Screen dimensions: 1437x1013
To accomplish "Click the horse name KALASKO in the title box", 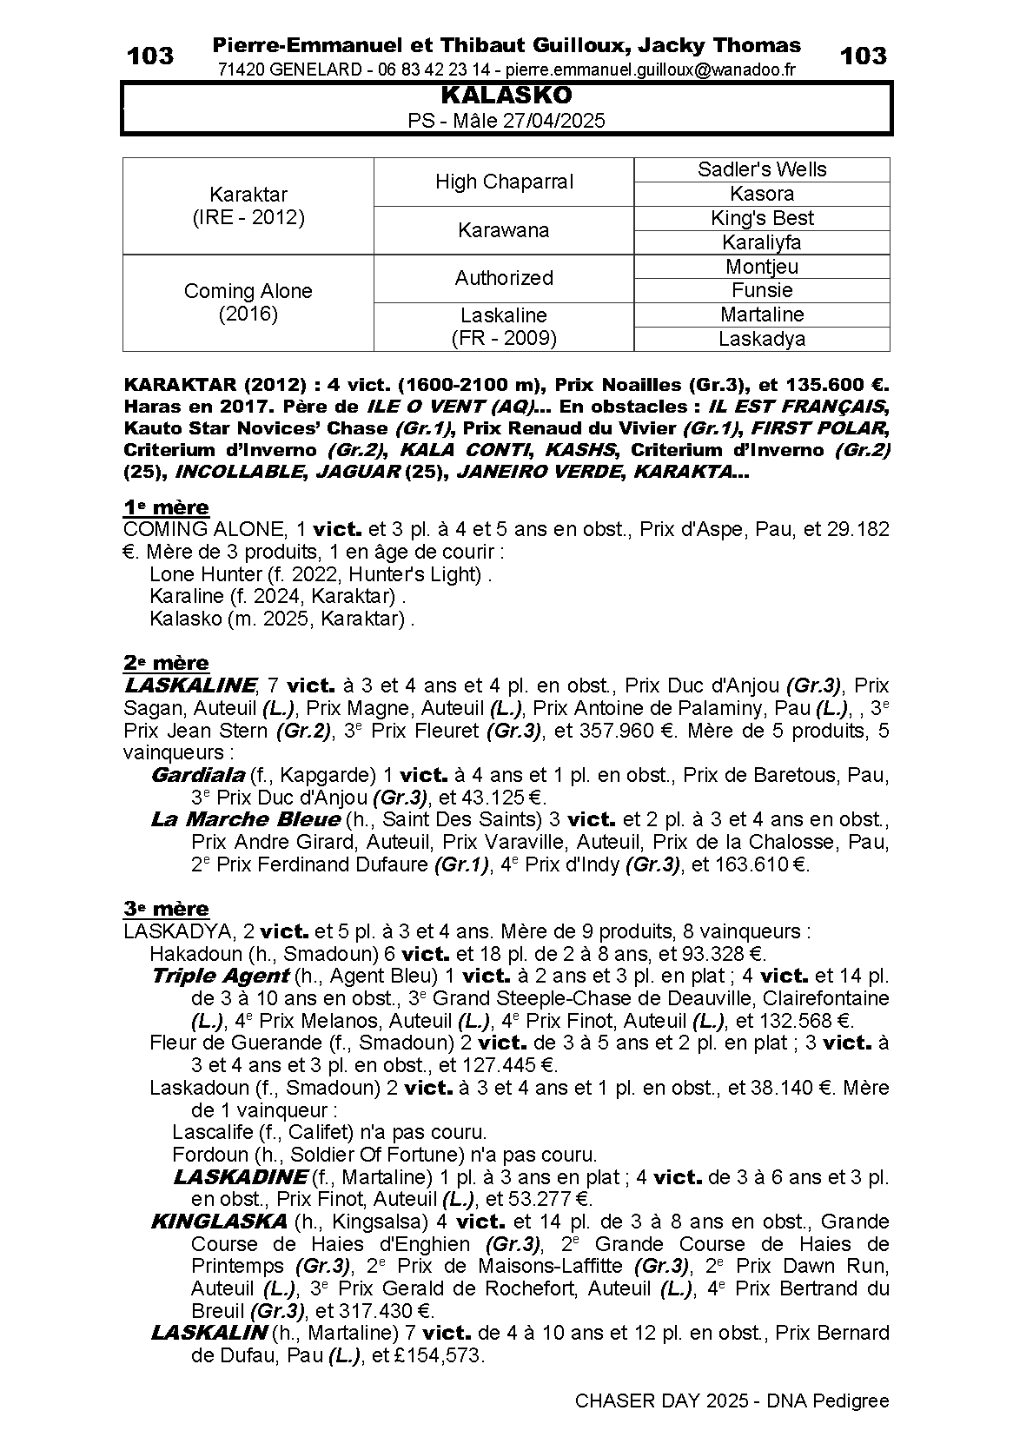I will (x=506, y=95).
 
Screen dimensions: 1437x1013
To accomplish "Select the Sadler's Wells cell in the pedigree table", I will (x=762, y=169).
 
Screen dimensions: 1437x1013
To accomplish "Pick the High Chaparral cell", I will (x=504, y=182).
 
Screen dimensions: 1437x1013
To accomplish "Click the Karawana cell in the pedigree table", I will (x=504, y=230).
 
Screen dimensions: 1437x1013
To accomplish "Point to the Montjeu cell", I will (x=762, y=267).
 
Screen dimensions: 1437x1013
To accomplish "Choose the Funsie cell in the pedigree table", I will (x=762, y=290).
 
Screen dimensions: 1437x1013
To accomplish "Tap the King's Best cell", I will (x=762, y=218).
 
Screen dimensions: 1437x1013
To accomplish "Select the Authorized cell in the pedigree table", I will (x=504, y=278).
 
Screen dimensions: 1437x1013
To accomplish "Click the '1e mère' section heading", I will (x=166, y=507).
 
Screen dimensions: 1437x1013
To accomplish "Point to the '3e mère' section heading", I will (x=166, y=909).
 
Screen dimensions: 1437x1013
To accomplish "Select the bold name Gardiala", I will (x=197, y=774).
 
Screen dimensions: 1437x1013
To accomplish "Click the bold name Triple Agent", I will (x=220, y=976).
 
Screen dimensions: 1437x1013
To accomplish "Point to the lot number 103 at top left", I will (x=150, y=56).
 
